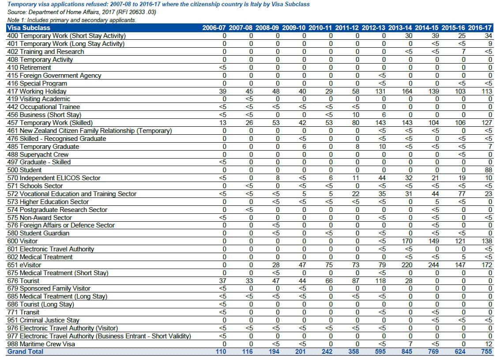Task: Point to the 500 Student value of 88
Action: [x=488, y=170]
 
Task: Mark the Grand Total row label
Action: [x=25, y=352]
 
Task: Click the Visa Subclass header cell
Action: [x=29, y=28]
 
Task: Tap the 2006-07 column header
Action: [x=214, y=28]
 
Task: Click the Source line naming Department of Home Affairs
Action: [x=81, y=12]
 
